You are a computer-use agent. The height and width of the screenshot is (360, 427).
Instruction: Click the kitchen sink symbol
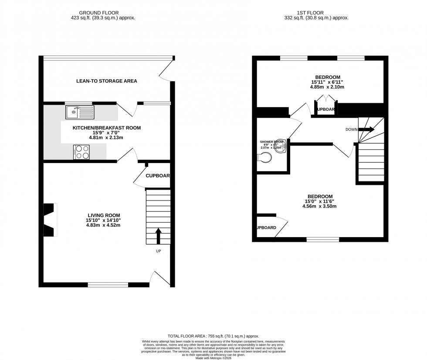[x=79, y=112]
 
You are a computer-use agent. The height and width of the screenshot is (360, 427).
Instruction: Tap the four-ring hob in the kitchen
[x=82, y=152]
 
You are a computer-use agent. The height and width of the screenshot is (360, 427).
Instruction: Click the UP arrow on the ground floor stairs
[x=158, y=236]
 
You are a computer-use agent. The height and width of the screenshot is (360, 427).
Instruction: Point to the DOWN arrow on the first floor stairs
[x=366, y=129]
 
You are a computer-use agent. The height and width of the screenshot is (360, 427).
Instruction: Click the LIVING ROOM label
[x=103, y=215]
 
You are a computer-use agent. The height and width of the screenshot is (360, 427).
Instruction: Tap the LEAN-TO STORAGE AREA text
[x=107, y=81]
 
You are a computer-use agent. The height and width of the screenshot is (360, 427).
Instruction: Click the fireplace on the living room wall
[x=50, y=220]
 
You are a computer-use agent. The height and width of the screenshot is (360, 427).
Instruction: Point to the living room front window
[x=108, y=285]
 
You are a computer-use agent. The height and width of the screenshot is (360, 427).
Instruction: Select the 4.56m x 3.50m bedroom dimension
[x=320, y=207]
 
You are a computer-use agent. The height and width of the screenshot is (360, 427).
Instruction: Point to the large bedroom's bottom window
[x=323, y=239]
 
